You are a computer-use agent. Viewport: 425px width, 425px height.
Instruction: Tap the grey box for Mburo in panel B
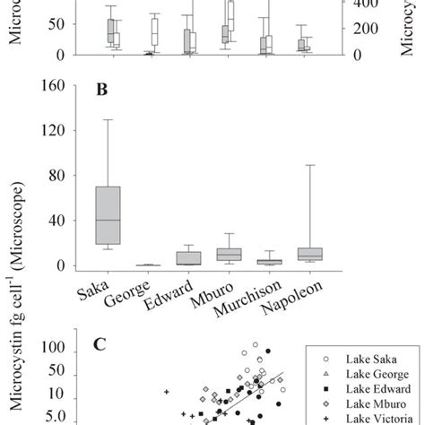coord(230,255)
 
